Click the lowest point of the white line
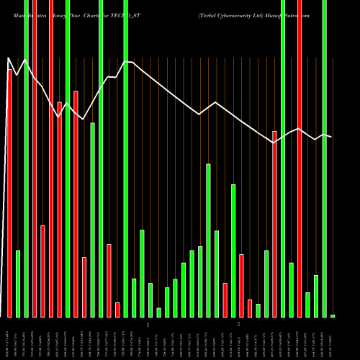[274, 143]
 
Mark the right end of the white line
[331, 137]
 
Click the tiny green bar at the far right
[333, 316]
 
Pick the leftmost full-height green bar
[26, 158]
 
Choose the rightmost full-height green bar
[324, 158]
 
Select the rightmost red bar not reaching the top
[274, 223]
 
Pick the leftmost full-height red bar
[34, 158]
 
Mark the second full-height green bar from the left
[68, 158]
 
